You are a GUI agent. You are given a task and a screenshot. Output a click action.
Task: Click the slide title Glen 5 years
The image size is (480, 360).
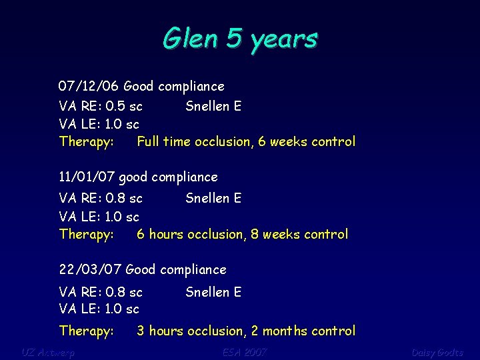(x=240, y=39)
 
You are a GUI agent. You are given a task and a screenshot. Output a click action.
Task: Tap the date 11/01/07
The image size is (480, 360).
(x=86, y=177)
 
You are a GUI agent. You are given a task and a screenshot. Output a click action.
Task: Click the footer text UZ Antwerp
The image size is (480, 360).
(x=48, y=352)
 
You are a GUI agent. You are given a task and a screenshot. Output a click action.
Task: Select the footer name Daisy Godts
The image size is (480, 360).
(x=437, y=352)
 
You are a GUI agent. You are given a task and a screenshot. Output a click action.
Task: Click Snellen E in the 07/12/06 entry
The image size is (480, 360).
(x=213, y=106)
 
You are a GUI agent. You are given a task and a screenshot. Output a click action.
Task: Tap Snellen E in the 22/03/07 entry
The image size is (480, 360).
(x=213, y=292)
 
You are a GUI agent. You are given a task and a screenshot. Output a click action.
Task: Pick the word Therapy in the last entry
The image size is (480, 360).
(x=86, y=331)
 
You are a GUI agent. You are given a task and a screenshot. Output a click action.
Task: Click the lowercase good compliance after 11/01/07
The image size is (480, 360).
(x=168, y=177)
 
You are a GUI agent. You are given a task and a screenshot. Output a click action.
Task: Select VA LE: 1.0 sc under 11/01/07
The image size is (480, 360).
(x=99, y=216)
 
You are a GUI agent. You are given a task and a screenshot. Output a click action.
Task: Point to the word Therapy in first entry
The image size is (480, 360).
(x=86, y=141)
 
